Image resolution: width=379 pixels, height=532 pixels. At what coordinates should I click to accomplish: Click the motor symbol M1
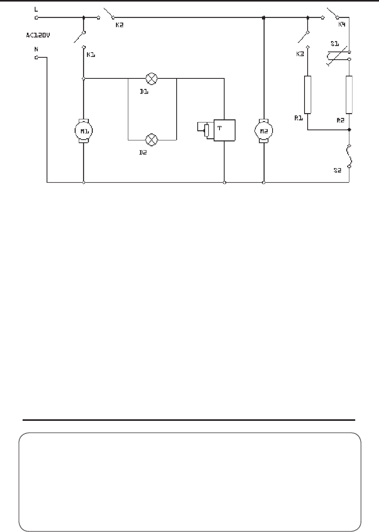click(x=84, y=131)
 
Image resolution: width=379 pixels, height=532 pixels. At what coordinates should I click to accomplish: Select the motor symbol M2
click(x=264, y=131)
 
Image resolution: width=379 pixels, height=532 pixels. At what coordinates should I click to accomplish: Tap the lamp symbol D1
click(x=152, y=78)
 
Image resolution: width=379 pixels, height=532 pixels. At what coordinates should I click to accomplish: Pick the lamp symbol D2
click(x=152, y=139)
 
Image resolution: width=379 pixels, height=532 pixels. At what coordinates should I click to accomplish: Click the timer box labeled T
click(x=224, y=130)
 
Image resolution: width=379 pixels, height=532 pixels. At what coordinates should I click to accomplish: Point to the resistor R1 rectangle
click(x=308, y=95)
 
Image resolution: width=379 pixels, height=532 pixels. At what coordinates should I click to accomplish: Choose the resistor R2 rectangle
click(x=349, y=95)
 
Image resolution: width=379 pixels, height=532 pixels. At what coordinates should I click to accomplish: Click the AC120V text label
click(x=38, y=35)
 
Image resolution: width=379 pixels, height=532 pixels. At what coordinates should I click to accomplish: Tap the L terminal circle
click(x=36, y=18)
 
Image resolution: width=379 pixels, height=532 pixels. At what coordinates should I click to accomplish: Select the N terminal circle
click(x=36, y=58)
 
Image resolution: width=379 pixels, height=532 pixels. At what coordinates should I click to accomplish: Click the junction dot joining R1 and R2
click(x=349, y=129)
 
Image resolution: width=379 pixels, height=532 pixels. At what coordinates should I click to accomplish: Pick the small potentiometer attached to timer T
click(x=205, y=130)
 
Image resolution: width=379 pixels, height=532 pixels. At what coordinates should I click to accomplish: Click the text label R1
click(x=299, y=118)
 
